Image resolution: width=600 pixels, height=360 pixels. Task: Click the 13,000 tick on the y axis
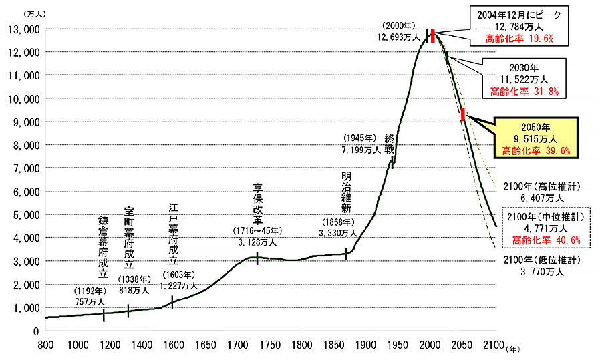23,29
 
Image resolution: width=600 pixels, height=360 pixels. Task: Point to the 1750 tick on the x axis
269,345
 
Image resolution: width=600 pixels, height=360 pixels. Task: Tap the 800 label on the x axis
45,345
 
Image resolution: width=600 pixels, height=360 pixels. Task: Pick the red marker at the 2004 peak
433,36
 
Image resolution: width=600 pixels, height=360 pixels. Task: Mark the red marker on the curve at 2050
462,114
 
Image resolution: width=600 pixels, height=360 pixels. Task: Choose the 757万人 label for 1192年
90,302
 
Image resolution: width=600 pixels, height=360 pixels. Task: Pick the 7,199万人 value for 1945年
360,150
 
